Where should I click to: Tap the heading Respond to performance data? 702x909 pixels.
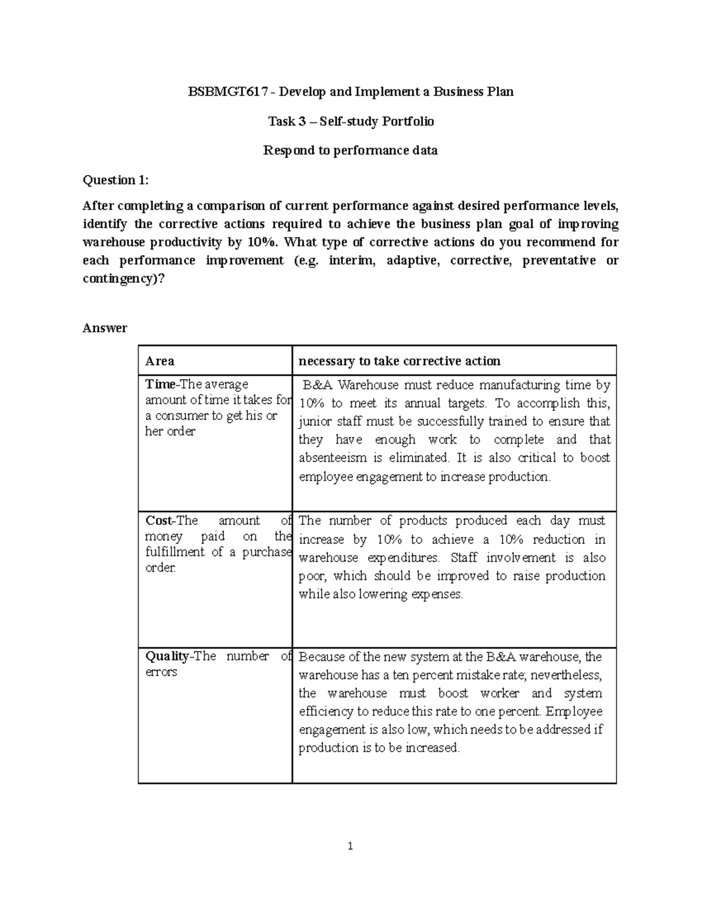[350, 150]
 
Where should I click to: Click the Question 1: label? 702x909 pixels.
[116, 180]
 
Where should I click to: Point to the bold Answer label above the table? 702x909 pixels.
[105, 328]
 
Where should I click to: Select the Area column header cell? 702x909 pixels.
[160, 361]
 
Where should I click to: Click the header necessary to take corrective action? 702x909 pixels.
[399, 361]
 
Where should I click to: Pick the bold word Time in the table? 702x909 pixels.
[160, 385]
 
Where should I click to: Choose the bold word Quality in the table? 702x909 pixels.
[167, 657]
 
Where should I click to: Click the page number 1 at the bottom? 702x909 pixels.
[350, 846]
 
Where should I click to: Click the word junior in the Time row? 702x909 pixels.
[315, 421]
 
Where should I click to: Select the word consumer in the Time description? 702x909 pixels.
[181, 416]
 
